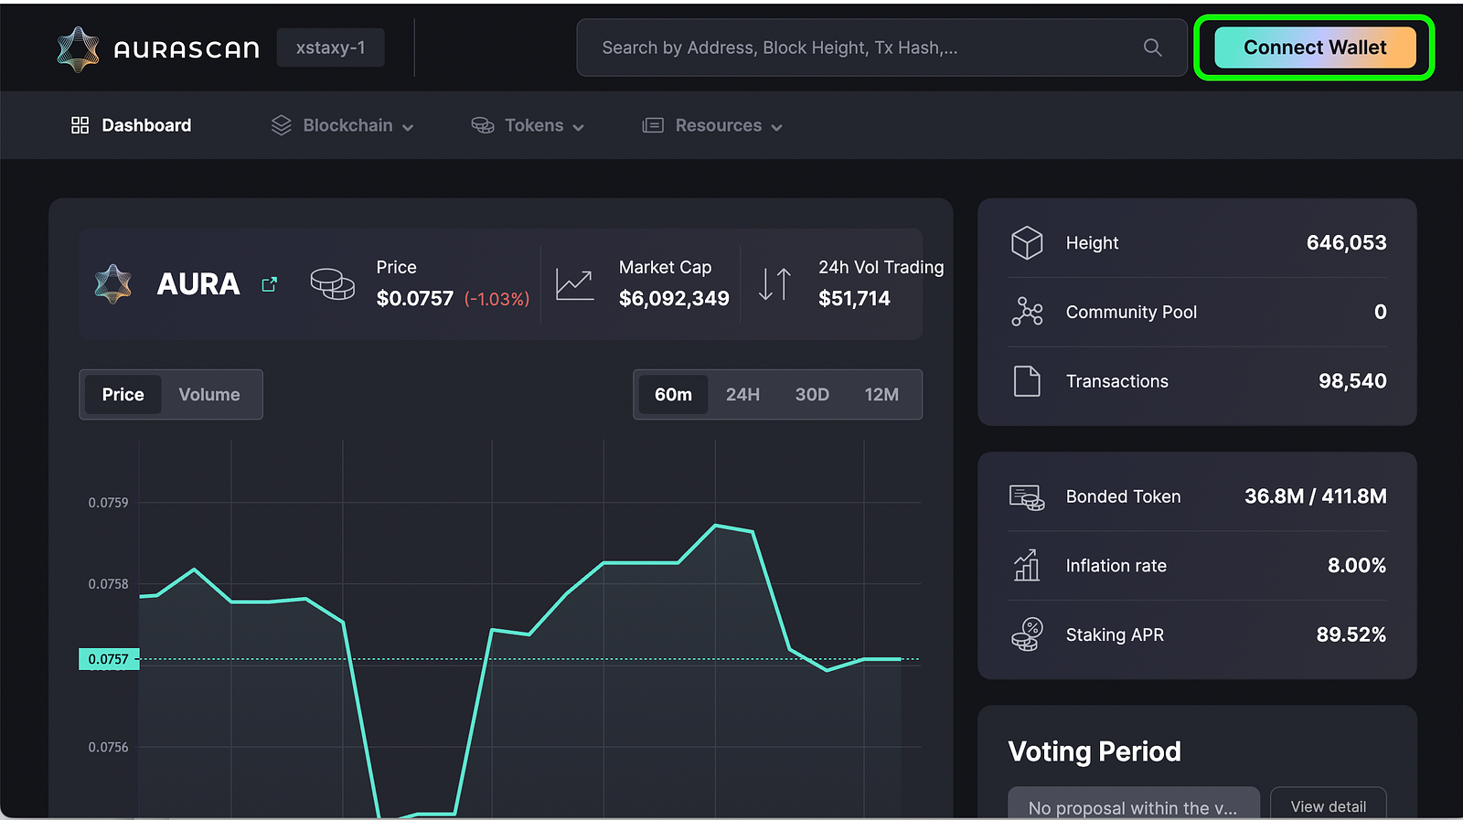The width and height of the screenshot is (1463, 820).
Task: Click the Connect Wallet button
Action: [1314, 48]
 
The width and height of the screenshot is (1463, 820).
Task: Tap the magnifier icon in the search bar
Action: [1152, 48]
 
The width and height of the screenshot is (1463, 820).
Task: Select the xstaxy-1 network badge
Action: [330, 48]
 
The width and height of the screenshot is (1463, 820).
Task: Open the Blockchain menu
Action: [343, 125]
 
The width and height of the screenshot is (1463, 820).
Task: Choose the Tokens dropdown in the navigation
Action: [528, 125]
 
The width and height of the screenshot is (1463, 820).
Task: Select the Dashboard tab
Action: [132, 125]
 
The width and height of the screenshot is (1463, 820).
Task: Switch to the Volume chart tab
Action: [209, 395]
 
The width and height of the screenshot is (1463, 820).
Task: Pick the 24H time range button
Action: [742, 395]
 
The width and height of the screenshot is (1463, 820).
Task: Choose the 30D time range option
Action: [812, 395]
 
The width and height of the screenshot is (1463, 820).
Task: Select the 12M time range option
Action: [881, 395]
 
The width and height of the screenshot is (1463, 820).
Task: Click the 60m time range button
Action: [673, 395]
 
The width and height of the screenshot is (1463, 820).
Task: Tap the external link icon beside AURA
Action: [269, 284]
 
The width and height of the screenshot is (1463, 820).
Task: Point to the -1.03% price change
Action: [497, 299]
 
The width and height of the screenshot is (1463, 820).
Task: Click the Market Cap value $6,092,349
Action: [674, 298]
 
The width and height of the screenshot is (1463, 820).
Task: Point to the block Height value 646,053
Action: [1346, 243]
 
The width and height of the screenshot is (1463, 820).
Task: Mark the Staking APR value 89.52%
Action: [1351, 634]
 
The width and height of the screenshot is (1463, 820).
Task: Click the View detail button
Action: [1328, 805]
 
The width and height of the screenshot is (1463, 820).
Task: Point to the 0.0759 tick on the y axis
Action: [108, 503]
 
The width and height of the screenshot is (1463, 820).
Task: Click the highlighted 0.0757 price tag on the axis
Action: [109, 659]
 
